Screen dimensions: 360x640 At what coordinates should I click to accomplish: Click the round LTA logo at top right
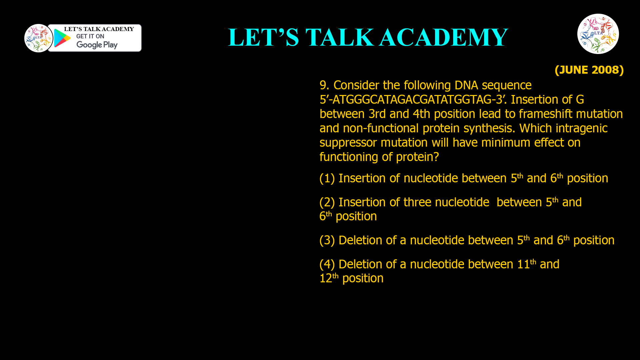[598, 34]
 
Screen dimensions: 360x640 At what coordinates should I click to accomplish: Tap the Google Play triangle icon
[62, 38]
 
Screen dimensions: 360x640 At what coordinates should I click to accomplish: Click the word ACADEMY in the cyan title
[443, 37]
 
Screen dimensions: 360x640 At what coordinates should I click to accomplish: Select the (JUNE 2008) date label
[589, 70]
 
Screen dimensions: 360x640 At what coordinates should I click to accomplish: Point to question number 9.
[324, 85]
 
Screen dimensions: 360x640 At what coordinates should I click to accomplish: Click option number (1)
[327, 178]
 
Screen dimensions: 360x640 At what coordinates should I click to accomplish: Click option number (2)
[327, 202]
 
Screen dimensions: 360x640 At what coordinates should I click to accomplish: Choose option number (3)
[327, 240]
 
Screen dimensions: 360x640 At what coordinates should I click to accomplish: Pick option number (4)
[327, 264]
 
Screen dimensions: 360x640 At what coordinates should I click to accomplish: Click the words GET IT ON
[90, 36]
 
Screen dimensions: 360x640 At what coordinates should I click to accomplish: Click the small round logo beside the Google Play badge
[38, 38]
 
